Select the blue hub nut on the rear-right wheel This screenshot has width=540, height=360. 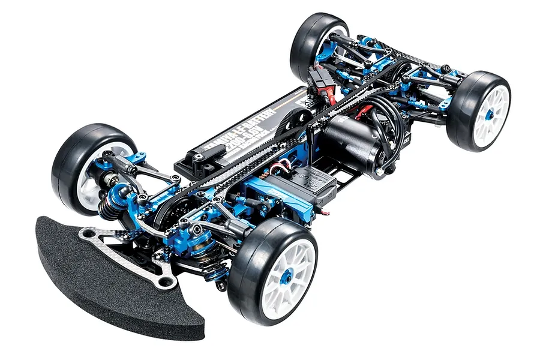click(x=490, y=115)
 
